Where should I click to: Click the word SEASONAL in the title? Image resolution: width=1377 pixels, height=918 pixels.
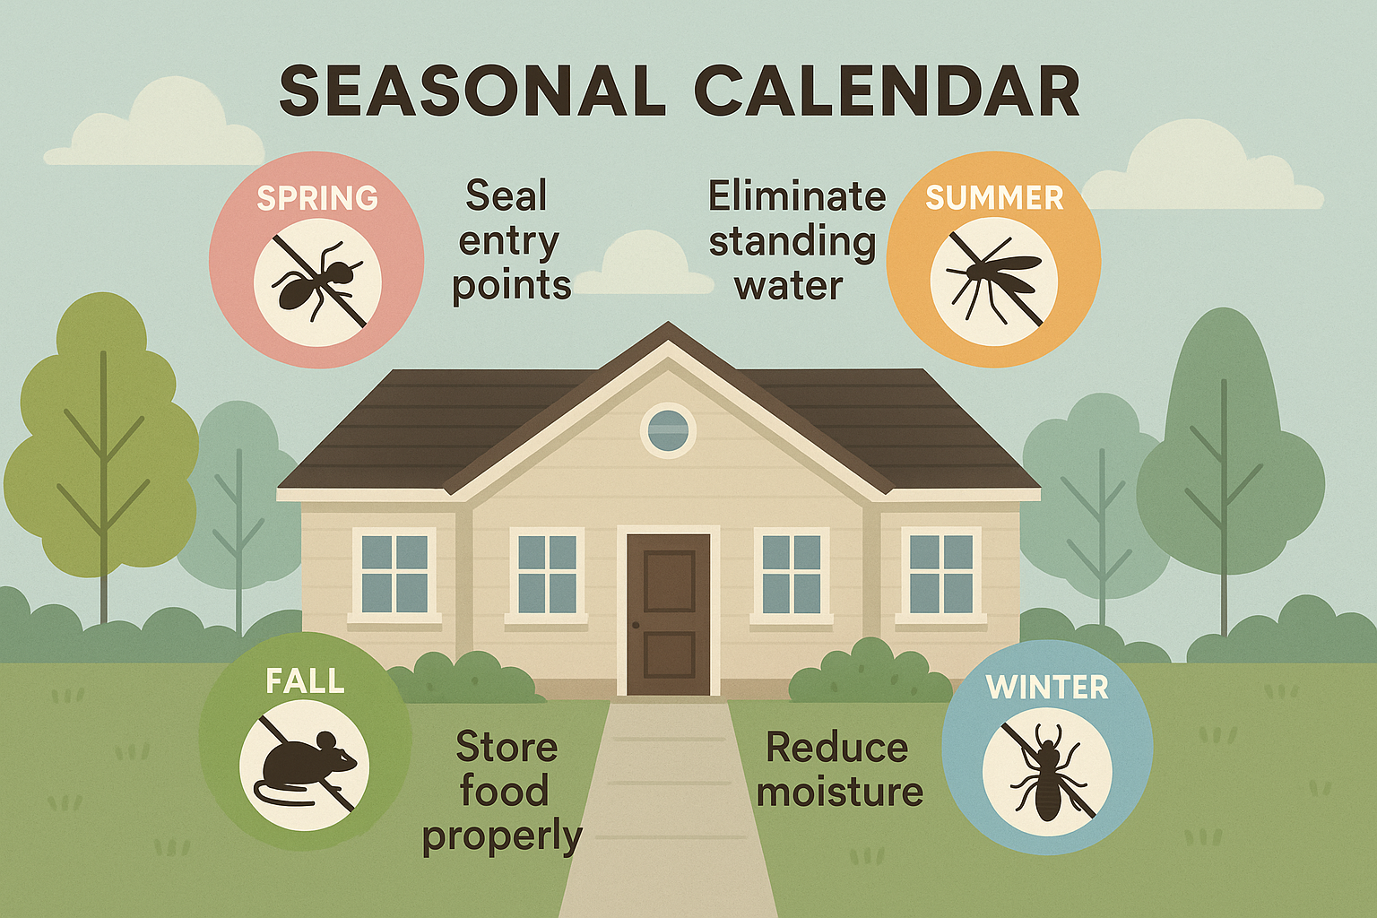[472, 91]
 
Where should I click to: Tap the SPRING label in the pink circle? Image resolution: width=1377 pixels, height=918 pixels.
[317, 198]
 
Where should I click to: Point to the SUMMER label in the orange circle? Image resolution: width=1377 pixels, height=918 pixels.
[994, 198]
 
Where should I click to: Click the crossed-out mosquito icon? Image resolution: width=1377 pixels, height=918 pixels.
[994, 280]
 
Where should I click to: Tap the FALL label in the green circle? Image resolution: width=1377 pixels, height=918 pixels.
[305, 682]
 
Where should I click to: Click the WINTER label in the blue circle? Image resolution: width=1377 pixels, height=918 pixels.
[1047, 688]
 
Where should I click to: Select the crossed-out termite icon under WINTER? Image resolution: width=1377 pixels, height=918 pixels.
[1047, 772]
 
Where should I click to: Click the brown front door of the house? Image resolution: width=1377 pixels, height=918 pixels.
[669, 614]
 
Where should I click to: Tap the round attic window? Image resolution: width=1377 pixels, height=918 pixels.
[668, 429]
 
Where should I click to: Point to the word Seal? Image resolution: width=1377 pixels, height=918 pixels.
[506, 196]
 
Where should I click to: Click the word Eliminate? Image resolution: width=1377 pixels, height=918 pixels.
[796, 196]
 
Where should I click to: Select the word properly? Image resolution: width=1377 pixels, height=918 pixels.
[502, 836]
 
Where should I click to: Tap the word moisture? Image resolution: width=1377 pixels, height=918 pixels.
[839, 792]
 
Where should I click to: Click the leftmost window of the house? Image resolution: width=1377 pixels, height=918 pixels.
[394, 574]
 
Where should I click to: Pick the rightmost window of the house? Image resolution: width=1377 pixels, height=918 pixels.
[941, 574]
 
